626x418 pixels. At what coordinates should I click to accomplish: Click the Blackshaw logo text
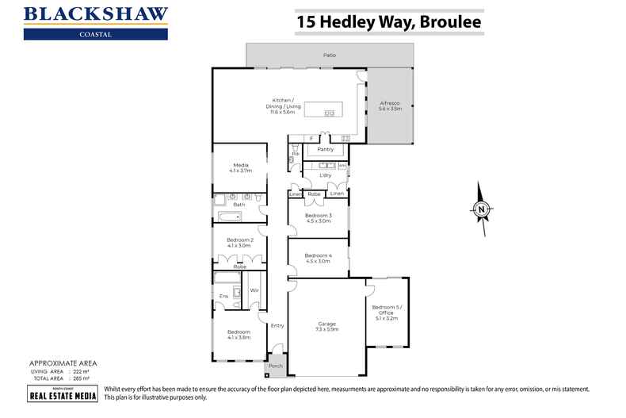tap(96, 15)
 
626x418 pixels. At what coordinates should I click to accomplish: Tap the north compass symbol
tap(481, 209)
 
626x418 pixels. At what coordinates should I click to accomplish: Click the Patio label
tap(329, 56)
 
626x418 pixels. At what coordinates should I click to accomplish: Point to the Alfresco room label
tap(390, 106)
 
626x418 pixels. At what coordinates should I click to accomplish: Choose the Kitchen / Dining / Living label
tap(283, 106)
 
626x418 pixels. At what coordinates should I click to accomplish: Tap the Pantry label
tap(325, 149)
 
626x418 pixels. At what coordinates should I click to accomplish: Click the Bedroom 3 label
tap(319, 218)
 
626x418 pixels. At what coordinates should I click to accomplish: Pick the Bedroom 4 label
tap(319, 257)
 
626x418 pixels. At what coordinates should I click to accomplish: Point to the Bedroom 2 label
tap(240, 242)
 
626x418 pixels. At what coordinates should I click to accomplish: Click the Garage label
tap(327, 326)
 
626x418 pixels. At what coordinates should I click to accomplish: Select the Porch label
tap(275, 366)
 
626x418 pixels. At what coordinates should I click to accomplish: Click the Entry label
tap(277, 325)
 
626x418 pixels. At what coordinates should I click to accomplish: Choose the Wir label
tap(254, 291)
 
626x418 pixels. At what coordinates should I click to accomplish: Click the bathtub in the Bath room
tap(231, 217)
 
